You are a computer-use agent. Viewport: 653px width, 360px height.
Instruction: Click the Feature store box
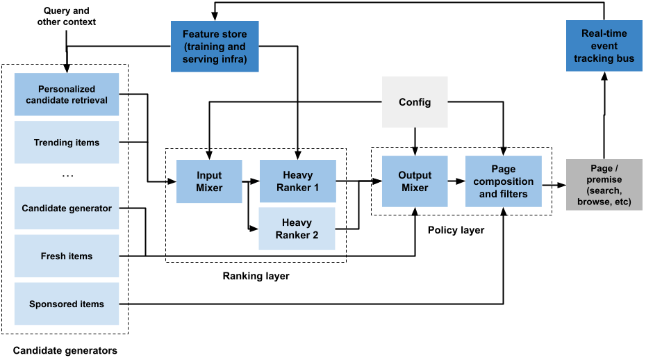(214, 46)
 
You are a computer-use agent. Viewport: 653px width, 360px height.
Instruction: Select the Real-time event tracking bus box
(604, 46)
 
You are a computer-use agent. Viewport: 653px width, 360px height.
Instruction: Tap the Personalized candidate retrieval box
(67, 95)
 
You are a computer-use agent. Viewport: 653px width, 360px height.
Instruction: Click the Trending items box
(67, 142)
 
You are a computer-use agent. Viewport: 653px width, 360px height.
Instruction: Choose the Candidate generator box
(67, 208)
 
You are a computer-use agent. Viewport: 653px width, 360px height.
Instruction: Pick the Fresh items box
(67, 256)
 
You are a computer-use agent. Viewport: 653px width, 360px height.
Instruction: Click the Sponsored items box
(67, 304)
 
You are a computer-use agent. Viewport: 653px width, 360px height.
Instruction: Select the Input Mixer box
(209, 181)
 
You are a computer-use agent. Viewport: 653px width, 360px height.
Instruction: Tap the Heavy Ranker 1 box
(297, 181)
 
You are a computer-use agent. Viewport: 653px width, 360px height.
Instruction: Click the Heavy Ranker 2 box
(297, 229)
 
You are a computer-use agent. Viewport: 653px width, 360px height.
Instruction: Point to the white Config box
(415, 102)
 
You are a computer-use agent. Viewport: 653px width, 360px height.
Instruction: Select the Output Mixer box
(415, 181)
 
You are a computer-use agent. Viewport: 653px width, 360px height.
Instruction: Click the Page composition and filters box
(503, 181)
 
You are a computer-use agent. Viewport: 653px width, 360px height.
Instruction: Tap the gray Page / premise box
(604, 185)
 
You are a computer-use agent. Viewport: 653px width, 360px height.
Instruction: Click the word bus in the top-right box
(625, 58)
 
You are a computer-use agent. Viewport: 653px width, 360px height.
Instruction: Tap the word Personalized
(67, 89)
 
